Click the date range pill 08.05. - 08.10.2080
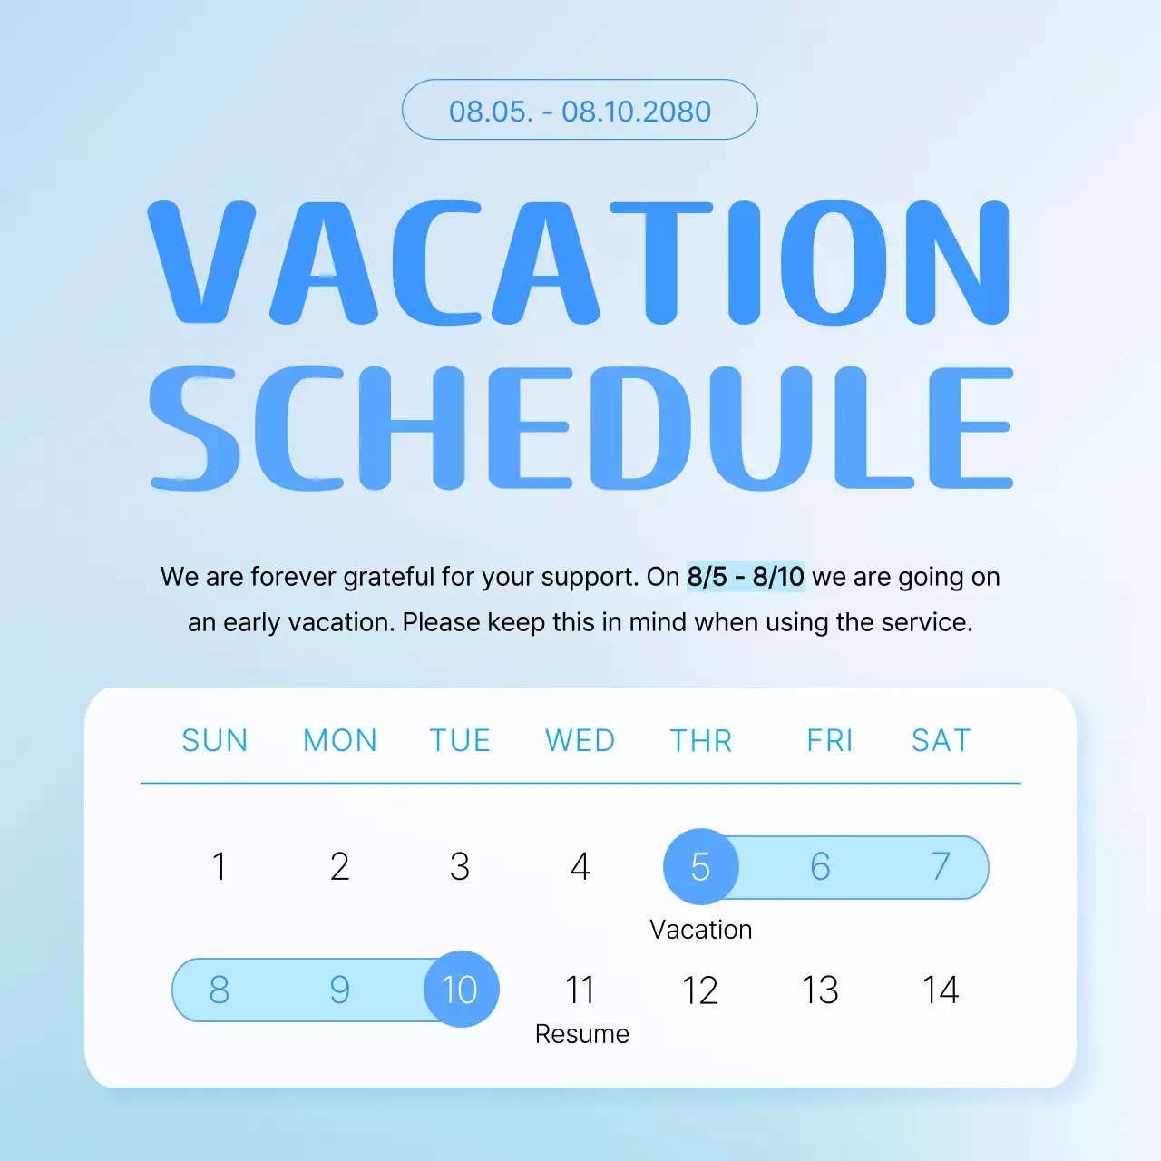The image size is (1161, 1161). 580,110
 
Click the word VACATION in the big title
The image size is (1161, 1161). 579,262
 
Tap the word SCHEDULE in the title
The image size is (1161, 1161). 580,427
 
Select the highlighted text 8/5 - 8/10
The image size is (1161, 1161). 745,577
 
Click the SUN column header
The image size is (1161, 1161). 215,741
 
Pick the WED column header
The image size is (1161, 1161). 580,741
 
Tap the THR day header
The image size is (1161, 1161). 700,741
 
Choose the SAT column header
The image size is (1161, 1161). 941,741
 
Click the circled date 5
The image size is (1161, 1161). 700,867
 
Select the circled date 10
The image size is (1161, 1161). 461,990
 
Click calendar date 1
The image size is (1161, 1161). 219,867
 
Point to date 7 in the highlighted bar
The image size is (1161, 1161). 941,867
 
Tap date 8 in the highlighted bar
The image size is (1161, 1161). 219,990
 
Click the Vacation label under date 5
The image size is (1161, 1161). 700,930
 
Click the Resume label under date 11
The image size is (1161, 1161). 581,1034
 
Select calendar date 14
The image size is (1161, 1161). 941,990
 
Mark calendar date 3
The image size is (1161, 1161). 460,867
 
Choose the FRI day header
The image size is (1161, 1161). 829,741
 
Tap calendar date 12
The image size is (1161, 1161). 700,990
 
